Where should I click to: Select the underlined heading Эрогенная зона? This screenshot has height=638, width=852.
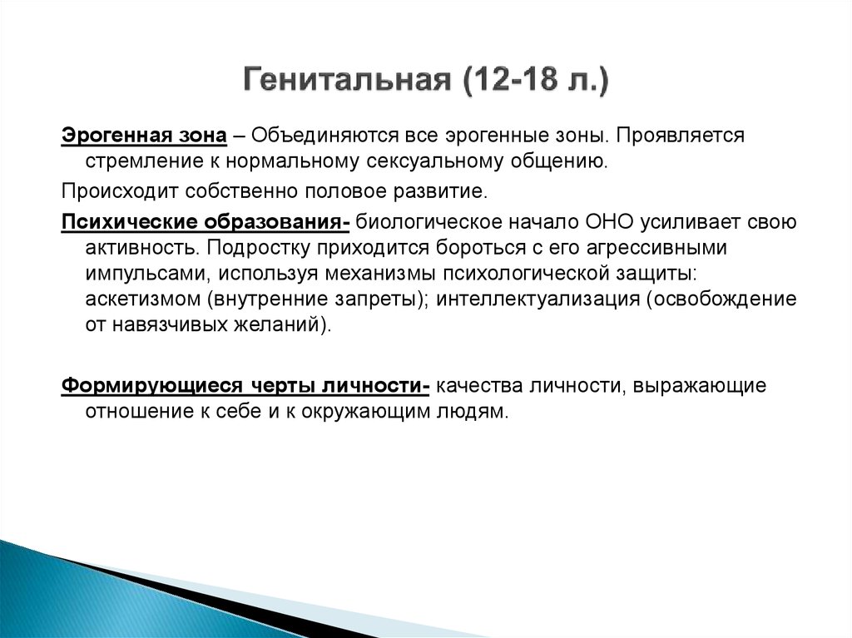coord(143,135)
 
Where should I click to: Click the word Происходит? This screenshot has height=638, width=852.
coord(111,192)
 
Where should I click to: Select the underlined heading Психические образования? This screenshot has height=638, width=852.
coord(204,224)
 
